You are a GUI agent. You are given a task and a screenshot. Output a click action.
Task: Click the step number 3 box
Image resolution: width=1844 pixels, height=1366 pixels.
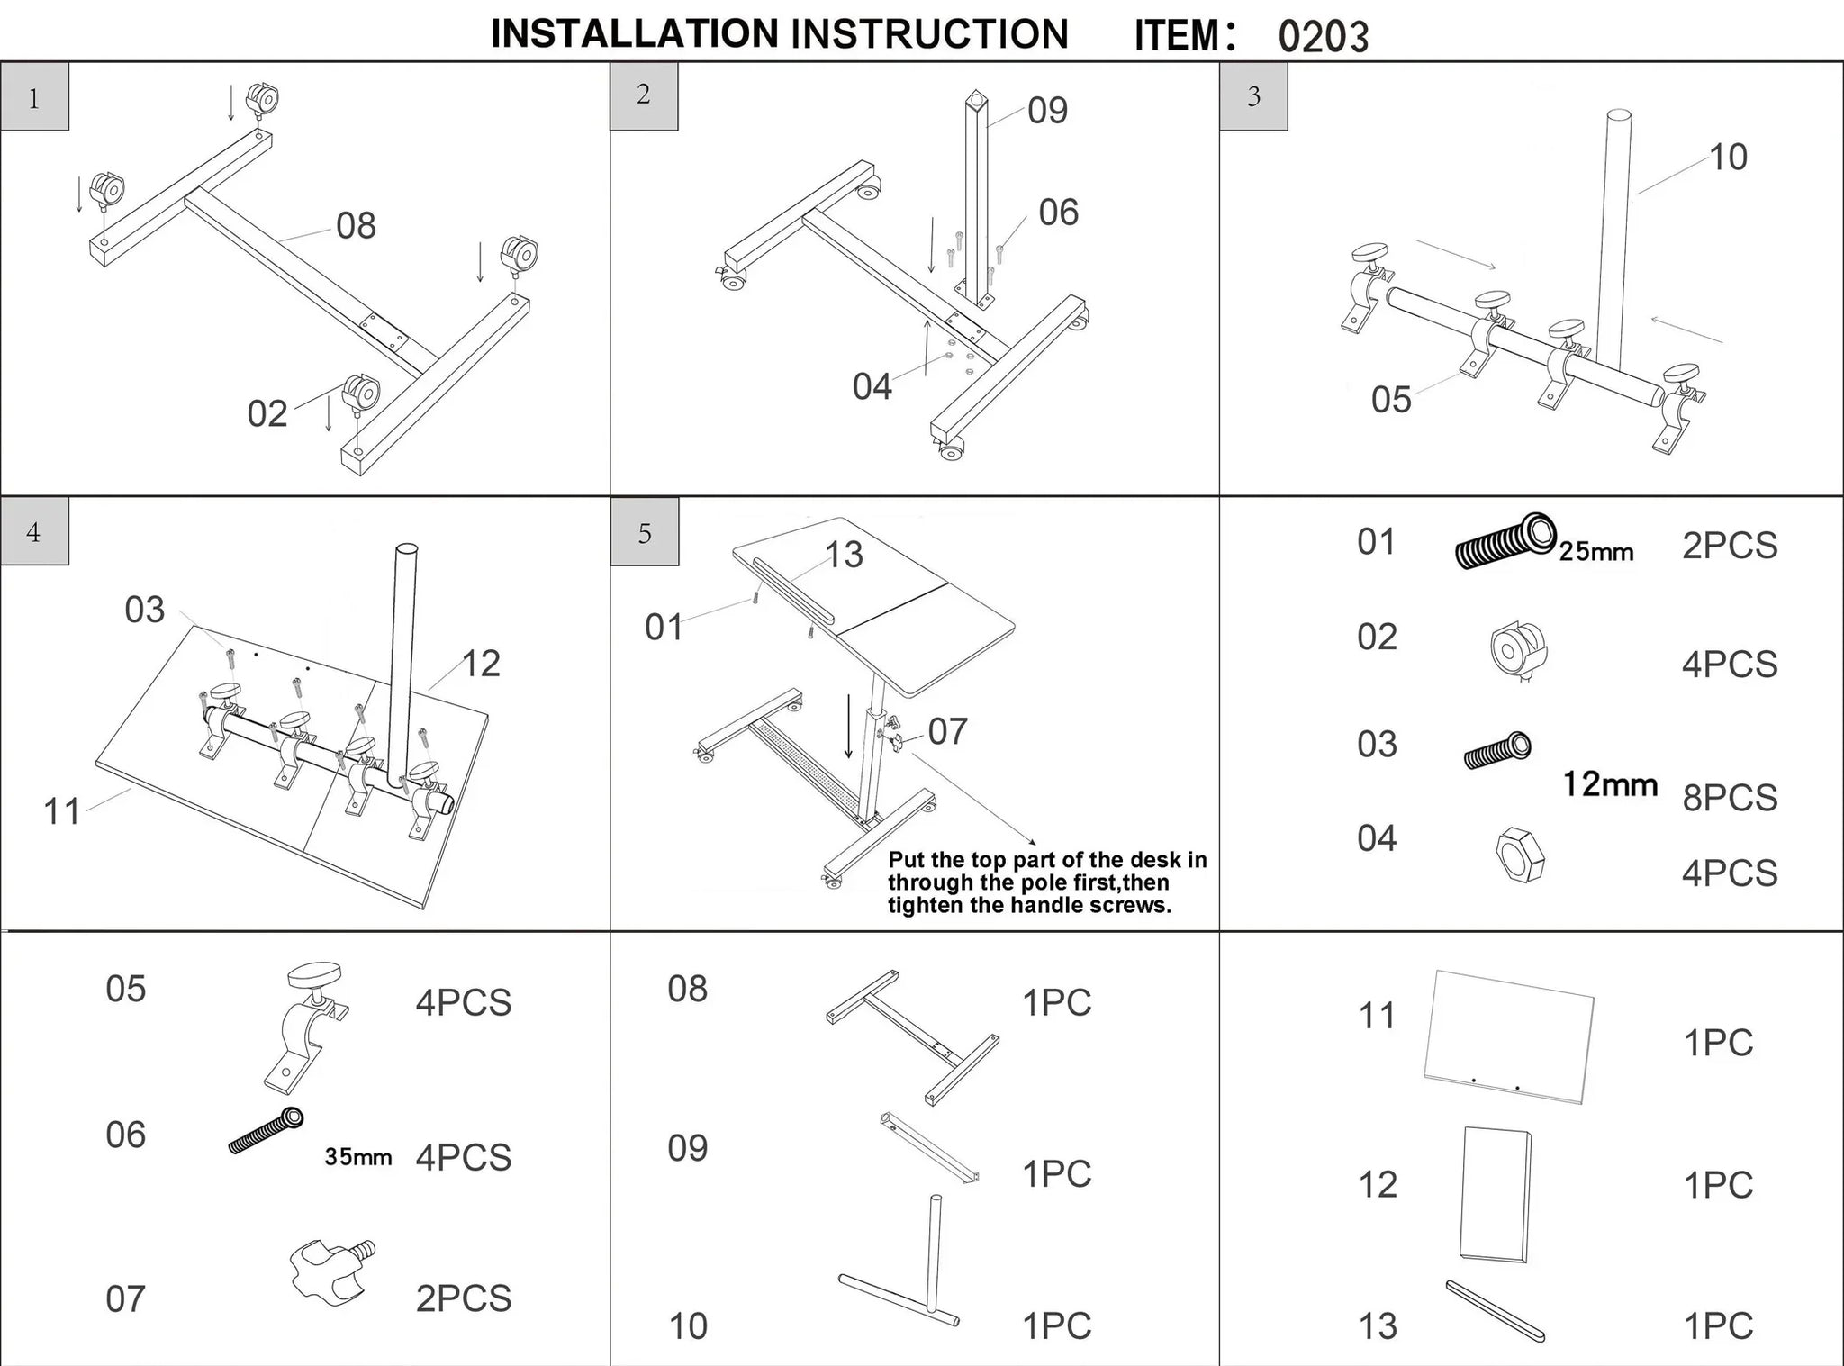click(1253, 96)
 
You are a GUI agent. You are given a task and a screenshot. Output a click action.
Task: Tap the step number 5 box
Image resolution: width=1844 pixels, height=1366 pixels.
click(645, 533)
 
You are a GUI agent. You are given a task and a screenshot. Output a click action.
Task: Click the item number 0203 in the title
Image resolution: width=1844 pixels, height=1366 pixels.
click(1323, 36)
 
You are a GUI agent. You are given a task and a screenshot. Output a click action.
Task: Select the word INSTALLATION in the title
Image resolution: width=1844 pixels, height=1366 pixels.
click(635, 34)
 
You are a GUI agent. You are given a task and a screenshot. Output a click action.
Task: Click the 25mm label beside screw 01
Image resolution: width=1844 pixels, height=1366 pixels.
click(1595, 551)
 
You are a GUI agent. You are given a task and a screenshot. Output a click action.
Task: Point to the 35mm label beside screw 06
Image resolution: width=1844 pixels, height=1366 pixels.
click(358, 1157)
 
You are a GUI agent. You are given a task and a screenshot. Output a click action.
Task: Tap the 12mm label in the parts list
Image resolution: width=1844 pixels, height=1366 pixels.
click(1609, 784)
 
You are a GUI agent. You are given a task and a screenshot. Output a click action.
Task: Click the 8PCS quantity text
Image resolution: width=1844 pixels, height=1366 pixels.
click(1730, 798)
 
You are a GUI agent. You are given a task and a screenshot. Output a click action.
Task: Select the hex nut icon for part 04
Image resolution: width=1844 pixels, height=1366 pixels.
click(1519, 855)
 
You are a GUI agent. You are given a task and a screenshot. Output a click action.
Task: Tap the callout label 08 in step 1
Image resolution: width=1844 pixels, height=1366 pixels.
click(356, 225)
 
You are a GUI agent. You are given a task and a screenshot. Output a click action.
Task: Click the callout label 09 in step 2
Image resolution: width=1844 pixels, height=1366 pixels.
click(1047, 111)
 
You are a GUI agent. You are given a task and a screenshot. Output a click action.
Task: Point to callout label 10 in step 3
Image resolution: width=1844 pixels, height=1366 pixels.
click(1728, 158)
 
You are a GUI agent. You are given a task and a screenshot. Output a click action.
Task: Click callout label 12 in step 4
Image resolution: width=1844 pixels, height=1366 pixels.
click(481, 664)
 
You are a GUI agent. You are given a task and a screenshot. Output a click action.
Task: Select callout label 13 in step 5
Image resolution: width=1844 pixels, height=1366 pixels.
click(844, 556)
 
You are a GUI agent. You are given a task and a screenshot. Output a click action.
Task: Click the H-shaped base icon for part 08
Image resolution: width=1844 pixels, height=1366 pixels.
click(912, 1036)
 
